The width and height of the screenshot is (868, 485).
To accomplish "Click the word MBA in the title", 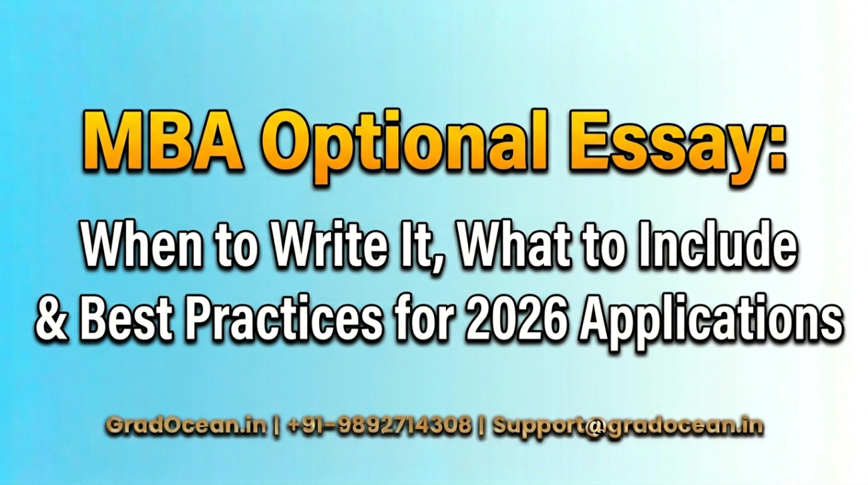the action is pyautogui.click(x=163, y=141).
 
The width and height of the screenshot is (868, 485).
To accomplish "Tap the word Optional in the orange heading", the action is pyautogui.click(x=405, y=146).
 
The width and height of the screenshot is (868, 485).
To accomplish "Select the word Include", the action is pyautogui.click(x=718, y=245).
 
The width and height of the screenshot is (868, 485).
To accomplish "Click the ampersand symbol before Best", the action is pyautogui.click(x=52, y=319).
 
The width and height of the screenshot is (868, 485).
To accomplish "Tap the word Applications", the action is pyautogui.click(x=712, y=323).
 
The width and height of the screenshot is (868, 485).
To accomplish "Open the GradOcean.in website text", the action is pyautogui.click(x=186, y=425).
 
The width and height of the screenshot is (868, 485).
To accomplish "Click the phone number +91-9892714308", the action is pyautogui.click(x=380, y=425).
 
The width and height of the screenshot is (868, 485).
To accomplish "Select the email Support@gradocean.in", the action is pyautogui.click(x=628, y=426).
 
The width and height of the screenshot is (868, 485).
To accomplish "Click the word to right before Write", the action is pyautogui.click(x=236, y=248).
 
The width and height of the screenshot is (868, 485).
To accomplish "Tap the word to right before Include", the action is pyautogui.click(x=604, y=248).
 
